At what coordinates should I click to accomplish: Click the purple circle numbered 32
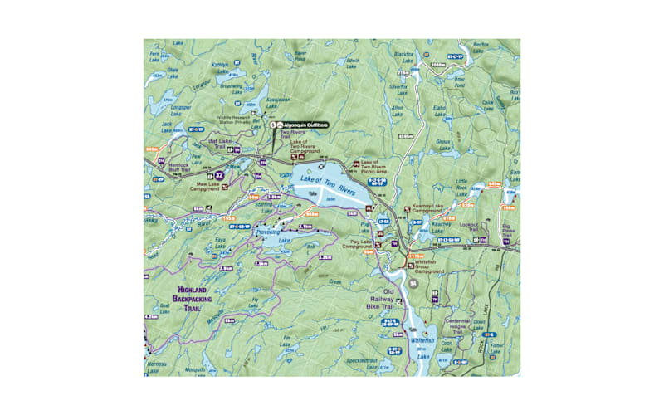pos(219,175)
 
